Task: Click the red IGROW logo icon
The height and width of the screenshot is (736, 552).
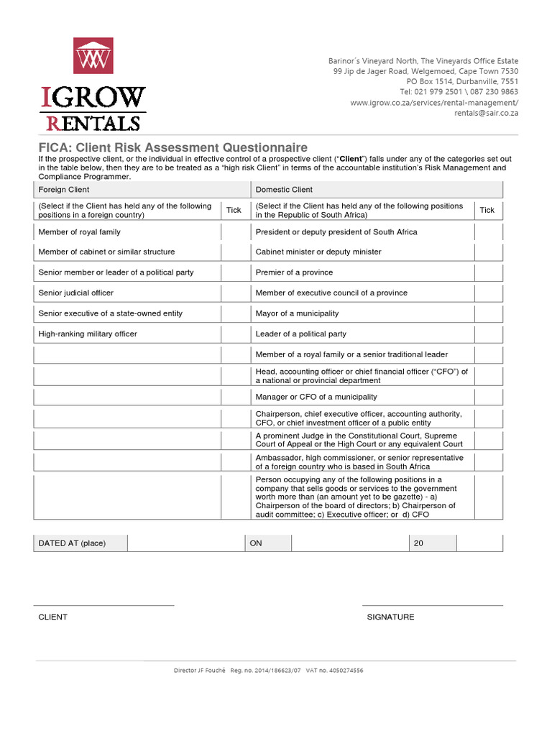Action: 93,55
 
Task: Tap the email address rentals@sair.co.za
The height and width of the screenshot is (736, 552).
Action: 485,113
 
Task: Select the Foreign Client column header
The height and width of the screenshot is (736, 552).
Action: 142,190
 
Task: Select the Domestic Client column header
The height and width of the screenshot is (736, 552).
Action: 376,190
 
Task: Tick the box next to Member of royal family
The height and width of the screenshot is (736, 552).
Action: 234,232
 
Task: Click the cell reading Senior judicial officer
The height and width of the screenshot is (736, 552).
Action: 127,293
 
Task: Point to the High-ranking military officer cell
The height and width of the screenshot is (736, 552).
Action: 127,334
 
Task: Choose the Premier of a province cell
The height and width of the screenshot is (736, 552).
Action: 362,272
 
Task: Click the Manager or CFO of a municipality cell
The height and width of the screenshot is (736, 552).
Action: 362,397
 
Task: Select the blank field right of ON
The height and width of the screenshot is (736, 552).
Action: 349,543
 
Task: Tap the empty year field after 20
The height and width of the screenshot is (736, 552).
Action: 479,543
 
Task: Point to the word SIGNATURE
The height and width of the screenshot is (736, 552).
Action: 390,617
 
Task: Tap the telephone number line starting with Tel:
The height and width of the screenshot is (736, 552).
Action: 459,92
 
